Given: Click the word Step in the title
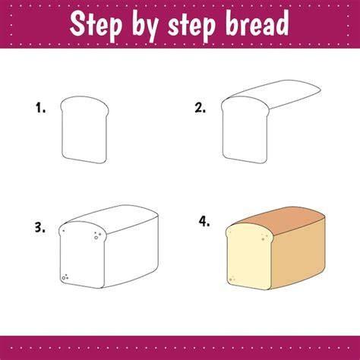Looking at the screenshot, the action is [x=96, y=25].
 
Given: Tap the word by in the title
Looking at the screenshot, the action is [x=146, y=27].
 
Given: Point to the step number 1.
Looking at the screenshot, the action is [x=40, y=107].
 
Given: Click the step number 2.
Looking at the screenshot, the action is [x=201, y=108].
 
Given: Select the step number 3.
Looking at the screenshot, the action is [x=40, y=228].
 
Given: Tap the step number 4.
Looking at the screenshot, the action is [x=204, y=222].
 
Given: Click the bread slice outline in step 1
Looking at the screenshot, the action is [x=62, y=131].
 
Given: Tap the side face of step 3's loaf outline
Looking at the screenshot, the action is [x=131, y=252].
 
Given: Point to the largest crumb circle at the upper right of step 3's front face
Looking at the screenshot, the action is [x=96, y=238].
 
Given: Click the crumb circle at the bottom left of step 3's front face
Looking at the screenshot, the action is [x=64, y=278].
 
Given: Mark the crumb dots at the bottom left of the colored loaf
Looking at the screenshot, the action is [x=232, y=279].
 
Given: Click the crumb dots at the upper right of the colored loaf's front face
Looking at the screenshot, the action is [x=264, y=237].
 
